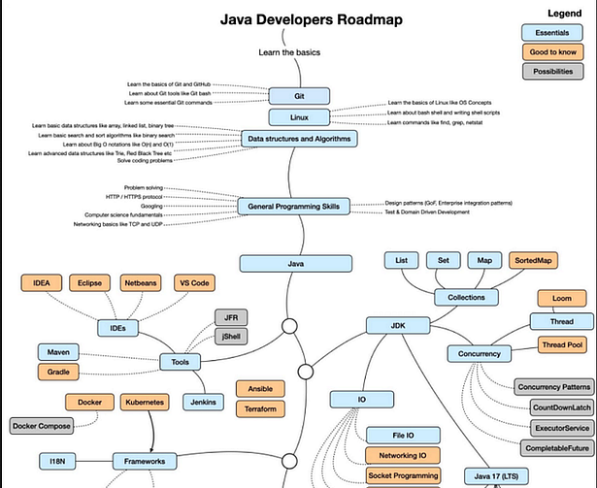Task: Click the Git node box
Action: click(x=299, y=96)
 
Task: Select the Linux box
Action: click(x=299, y=117)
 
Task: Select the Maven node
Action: click(x=58, y=351)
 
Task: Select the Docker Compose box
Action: click(x=48, y=425)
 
